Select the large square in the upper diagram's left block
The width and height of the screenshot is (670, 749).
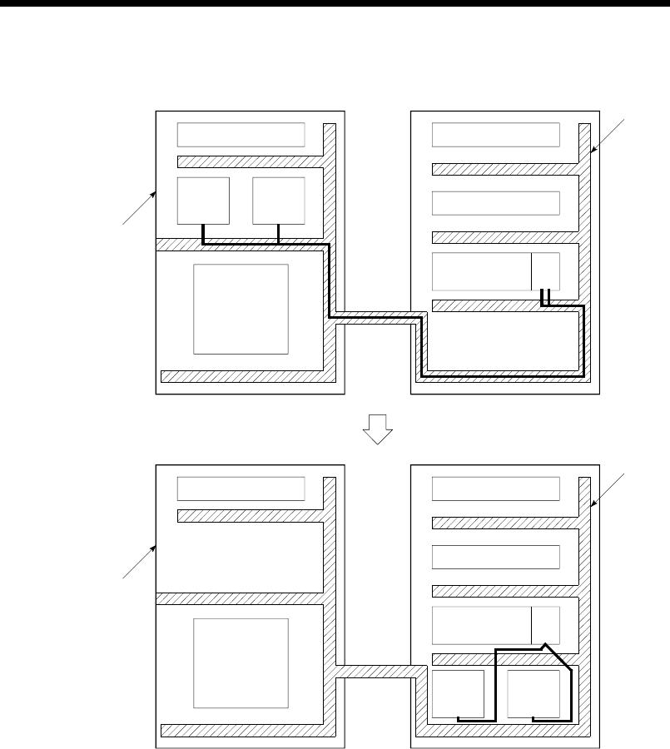click(x=241, y=310)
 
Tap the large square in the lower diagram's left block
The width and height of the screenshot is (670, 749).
click(x=241, y=662)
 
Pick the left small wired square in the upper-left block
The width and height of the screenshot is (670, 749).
click(x=203, y=201)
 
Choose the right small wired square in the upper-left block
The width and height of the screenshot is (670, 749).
click(x=278, y=201)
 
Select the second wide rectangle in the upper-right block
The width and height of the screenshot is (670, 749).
click(x=496, y=203)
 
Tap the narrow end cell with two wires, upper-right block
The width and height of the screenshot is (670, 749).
click(x=546, y=271)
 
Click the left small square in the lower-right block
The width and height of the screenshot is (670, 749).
click(x=458, y=695)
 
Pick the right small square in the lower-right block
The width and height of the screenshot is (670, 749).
click(x=534, y=695)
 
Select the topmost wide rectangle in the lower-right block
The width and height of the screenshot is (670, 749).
click(x=496, y=489)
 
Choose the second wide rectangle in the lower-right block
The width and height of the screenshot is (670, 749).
click(x=496, y=558)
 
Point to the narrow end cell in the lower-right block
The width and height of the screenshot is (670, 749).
click(x=546, y=624)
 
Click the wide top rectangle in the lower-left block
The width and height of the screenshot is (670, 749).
click(x=241, y=489)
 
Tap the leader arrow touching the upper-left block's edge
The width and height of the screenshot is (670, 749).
click(x=140, y=208)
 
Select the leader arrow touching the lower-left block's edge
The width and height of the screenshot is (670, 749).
click(x=140, y=561)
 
